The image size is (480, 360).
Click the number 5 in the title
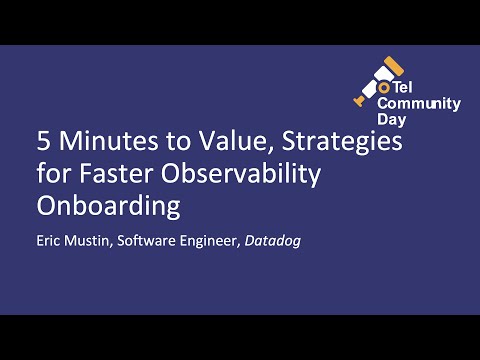coord(42,141)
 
